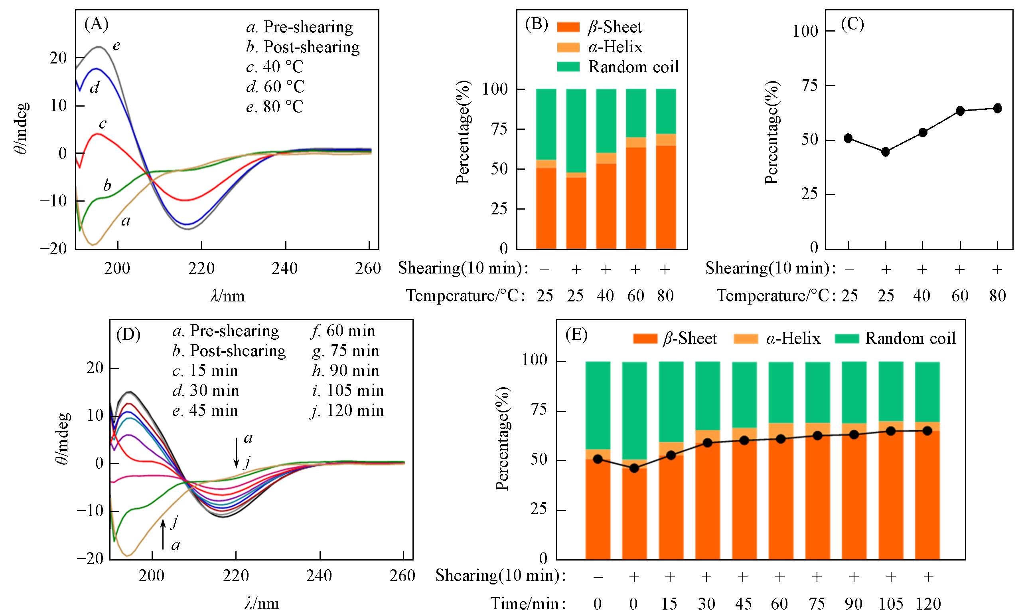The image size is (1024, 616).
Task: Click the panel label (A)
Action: pos(96,25)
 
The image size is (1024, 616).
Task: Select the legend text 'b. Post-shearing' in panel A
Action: pos(303,47)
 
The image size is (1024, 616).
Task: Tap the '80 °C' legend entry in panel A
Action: pos(274,107)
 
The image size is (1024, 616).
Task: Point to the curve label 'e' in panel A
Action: pos(116,45)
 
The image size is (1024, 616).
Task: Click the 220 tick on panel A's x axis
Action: pos(201,269)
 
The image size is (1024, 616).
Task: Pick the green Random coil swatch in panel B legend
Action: pos(568,67)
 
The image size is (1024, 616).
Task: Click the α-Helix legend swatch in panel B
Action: pos(568,47)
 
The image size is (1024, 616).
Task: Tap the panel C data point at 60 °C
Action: pos(960,111)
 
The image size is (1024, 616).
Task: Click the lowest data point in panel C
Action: pos(886,152)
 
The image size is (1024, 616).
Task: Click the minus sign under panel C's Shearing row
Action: pos(848,269)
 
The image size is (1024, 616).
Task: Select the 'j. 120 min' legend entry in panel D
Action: pos(347,410)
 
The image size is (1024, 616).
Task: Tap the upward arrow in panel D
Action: pos(163,534)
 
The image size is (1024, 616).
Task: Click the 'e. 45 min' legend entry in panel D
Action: pos(205,410)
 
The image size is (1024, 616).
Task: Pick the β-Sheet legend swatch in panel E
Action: pos(645,339)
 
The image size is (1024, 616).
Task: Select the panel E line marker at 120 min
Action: pos(927,431)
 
